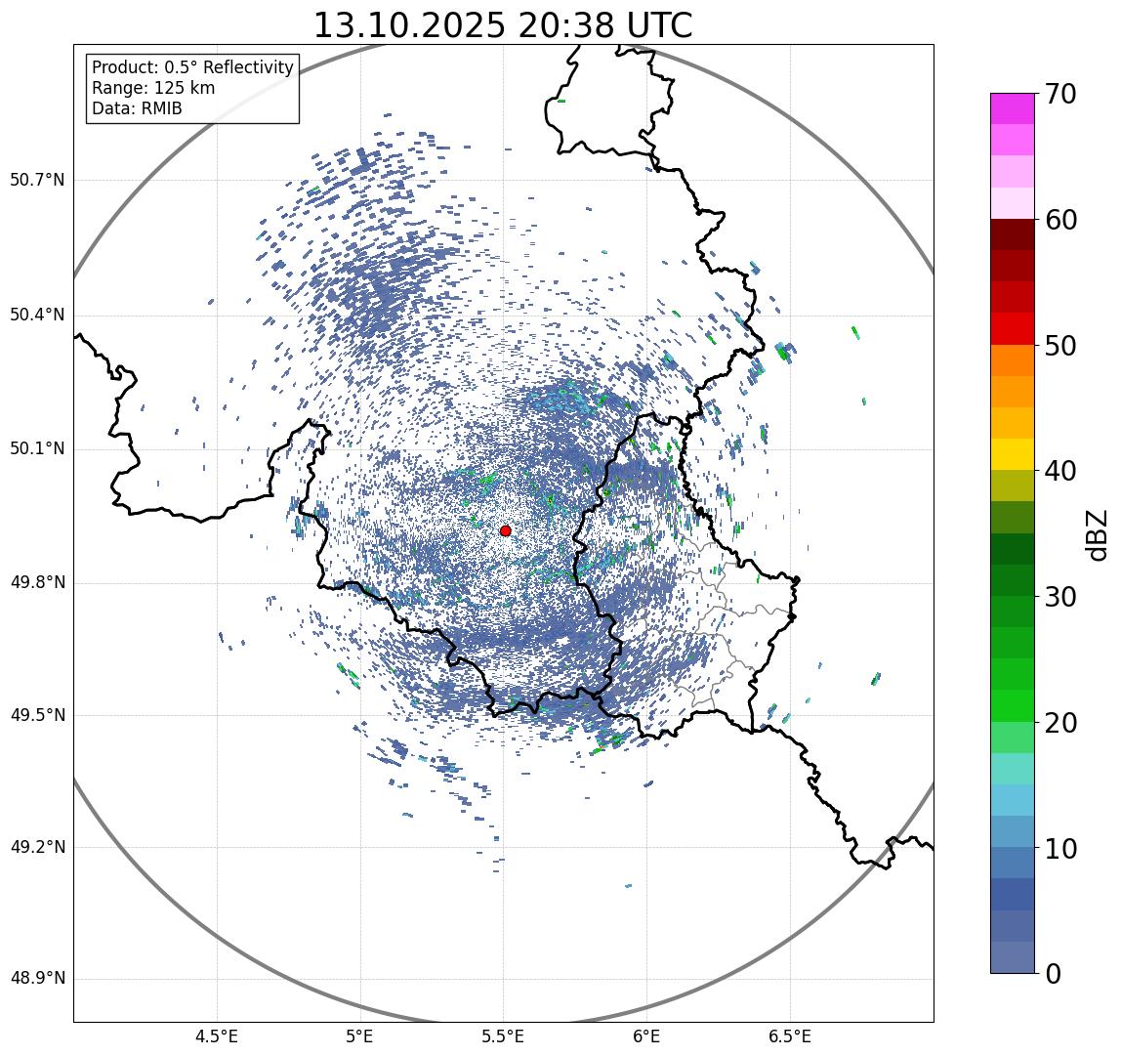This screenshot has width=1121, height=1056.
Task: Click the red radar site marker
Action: (505, 530)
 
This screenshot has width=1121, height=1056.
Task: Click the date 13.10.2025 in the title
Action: (408, 25)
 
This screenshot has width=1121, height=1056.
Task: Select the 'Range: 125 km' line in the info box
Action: (153, 88)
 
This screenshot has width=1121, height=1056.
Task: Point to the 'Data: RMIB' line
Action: (137, 108)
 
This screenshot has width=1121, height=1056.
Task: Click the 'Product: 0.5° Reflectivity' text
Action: (192, 67)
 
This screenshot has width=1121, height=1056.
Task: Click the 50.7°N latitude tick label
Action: (37, 181)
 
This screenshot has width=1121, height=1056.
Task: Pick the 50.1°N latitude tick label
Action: (37, 449)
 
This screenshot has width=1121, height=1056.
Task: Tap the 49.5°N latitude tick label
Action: (37, 715)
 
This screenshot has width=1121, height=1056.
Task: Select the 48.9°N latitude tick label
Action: (37, 979)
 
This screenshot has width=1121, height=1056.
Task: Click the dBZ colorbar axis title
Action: (1098, 534)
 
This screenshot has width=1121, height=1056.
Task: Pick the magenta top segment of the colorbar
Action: (1012, 108)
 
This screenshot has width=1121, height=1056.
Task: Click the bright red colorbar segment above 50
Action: (1012, 328)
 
